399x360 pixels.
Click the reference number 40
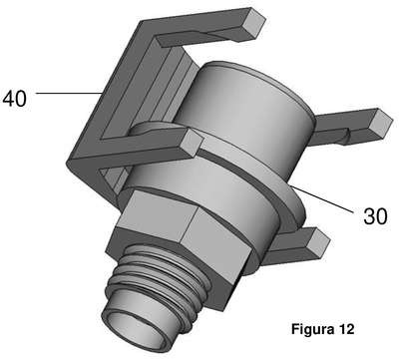point(14,99)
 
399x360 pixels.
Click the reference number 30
point(375,216)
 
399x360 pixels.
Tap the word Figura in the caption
point(312,329)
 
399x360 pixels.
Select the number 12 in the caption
point(347,329)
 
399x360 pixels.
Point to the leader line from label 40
point(69,93)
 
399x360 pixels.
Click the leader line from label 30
point(322,199)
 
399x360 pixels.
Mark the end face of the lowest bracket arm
point(317,242)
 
